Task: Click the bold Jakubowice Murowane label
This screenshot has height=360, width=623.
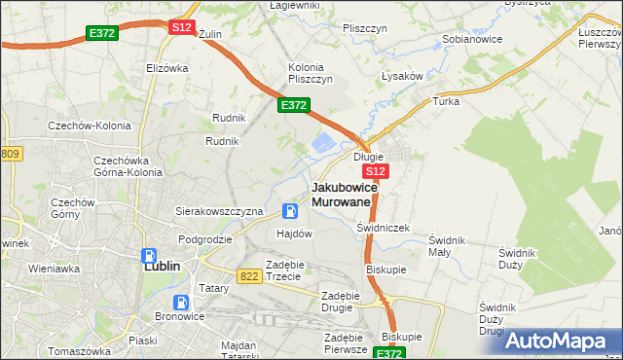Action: (341, 194)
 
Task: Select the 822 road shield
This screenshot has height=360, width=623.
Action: (248, 276)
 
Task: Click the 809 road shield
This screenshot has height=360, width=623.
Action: (10, 155)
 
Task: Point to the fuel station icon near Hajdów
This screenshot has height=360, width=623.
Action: (290, 211)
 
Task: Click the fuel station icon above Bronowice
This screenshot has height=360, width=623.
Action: (180, 303)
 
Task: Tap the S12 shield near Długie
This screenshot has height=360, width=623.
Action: (380, 170)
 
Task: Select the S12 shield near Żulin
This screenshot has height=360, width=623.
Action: (181, 27)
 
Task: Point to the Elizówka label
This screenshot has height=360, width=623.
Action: (165, 68)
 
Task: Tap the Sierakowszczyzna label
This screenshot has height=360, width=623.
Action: (219, 210)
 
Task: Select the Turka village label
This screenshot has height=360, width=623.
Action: (446, 101)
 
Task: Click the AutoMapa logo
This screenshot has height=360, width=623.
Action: (562, 341)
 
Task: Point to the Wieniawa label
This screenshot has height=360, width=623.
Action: (54, 267)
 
